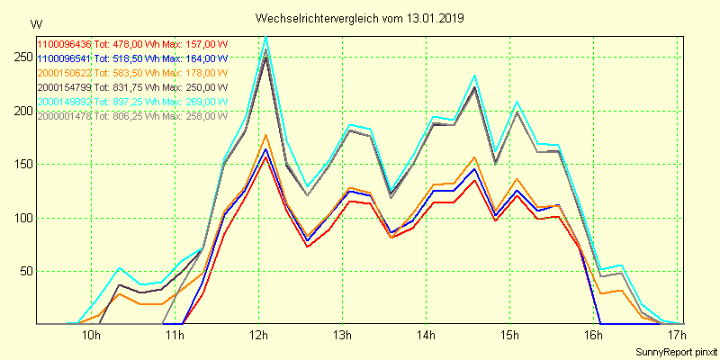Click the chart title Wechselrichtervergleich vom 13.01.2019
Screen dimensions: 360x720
click(x=360, y=17)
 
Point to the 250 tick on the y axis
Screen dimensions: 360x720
click(x=20, y=57)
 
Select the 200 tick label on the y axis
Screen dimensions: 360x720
click(x=20, y=111)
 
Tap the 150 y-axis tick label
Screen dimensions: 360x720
click(x=20, y=164)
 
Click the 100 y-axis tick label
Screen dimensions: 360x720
click(x=20, y=218)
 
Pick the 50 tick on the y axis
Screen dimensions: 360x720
click(x=22, y=271)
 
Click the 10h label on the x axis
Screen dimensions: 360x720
click(x=91, y=337)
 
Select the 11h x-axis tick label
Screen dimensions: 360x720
click(x=175, y=337)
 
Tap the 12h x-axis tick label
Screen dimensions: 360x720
click(x=259, y=337)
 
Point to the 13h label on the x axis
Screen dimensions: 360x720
click(x=343, y=337)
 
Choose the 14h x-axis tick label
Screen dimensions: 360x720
click(x=427, y=337)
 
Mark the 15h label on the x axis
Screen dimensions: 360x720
click(x=510, y=337)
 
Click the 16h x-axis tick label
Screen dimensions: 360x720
click(x=594, y=337)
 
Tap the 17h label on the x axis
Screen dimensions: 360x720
click(x=677, y=337)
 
